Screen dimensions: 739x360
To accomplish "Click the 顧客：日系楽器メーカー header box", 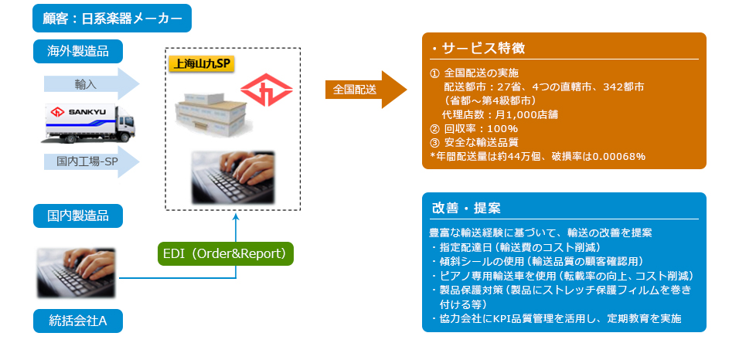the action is coord(111,19).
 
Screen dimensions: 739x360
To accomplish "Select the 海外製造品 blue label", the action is coord(78,51).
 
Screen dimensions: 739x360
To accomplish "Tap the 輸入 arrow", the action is coord(91,84).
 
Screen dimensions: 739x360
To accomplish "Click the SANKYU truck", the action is coord(87,123).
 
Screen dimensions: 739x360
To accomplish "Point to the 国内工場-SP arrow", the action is coord(91,161).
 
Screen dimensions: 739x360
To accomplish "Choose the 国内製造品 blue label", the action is coord(78,216).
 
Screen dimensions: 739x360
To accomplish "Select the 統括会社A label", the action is coord(78,321).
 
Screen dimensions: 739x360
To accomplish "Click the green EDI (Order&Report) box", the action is coord(225,253).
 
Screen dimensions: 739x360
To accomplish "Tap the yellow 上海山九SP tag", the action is coord(201,63).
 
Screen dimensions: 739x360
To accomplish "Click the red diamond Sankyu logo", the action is coord(266,90).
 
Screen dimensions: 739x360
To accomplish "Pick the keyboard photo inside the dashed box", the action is coord(233,177).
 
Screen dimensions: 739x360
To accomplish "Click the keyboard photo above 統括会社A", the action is coord(76,273).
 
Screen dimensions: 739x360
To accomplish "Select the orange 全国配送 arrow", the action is coord(366,90).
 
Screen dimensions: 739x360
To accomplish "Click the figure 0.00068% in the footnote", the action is coord(619,157).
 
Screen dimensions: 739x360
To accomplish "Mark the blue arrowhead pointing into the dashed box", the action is coord(236,216).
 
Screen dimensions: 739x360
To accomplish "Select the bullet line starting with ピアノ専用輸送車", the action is coord(562,276).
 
